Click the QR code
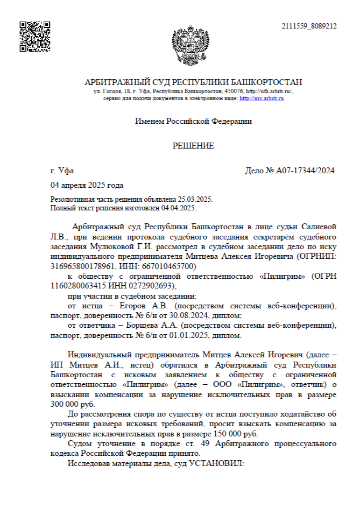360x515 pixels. tap(35, 37)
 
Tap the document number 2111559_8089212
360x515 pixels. tap(309, 26)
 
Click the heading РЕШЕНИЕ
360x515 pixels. tap(193, 146)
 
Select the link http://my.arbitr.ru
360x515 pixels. tap(262, 98)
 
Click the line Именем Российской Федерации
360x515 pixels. tap(193, 121)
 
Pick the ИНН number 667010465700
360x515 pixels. tap(173, 266)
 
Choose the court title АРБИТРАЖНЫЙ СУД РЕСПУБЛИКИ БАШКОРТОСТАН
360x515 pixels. tap(193, 82)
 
